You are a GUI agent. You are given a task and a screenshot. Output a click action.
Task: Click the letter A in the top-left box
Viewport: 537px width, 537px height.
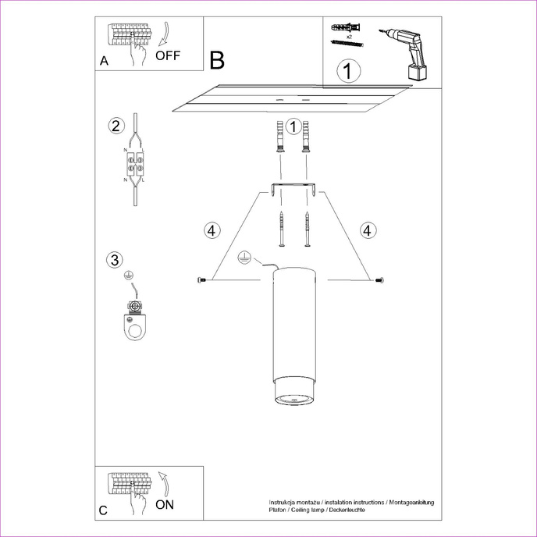(104, 62)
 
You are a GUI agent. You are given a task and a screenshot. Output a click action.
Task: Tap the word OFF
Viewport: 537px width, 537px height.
(168, 55)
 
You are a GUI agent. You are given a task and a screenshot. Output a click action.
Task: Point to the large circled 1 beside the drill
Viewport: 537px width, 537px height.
(349, 72)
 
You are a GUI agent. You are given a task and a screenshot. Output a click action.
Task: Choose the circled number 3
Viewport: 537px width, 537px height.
(115, 260)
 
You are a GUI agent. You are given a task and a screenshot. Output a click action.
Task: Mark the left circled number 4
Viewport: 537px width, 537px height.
(212, 230)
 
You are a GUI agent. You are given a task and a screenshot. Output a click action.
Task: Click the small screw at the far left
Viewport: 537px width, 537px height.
(203, 279)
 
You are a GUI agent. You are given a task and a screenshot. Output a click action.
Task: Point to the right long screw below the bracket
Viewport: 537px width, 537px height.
(308, 229)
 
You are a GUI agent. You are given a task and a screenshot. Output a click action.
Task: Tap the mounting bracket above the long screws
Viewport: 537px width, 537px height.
(293, 188)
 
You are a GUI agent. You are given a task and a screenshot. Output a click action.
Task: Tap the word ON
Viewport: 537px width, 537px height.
(164, 505)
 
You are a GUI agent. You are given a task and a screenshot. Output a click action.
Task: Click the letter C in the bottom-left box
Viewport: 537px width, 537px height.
(104, 511)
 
